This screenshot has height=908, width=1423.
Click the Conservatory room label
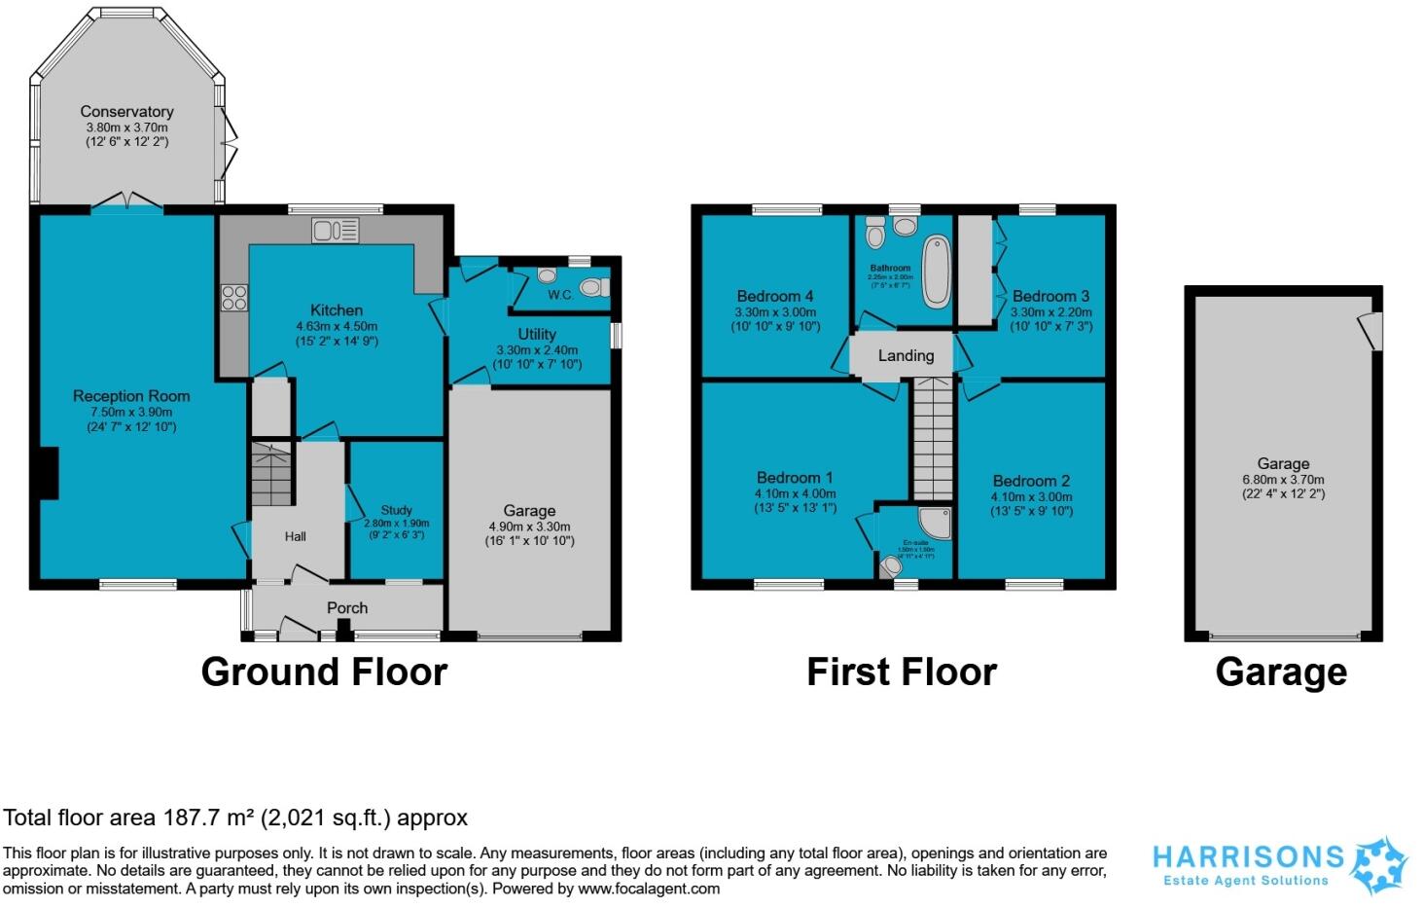126,112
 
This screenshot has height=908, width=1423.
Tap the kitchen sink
336,231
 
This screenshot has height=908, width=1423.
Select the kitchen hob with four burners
233,297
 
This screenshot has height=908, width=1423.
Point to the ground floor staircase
271,474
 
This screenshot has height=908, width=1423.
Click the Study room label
396,510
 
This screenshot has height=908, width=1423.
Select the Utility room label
536,334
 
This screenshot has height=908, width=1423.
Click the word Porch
347,607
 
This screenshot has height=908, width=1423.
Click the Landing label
906,355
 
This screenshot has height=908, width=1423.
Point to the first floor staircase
933,440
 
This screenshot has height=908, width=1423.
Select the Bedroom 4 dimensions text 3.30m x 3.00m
775,312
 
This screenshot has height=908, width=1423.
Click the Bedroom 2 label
1031,481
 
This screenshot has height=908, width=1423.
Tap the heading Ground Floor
324,672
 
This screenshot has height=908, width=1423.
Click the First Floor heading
902,672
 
